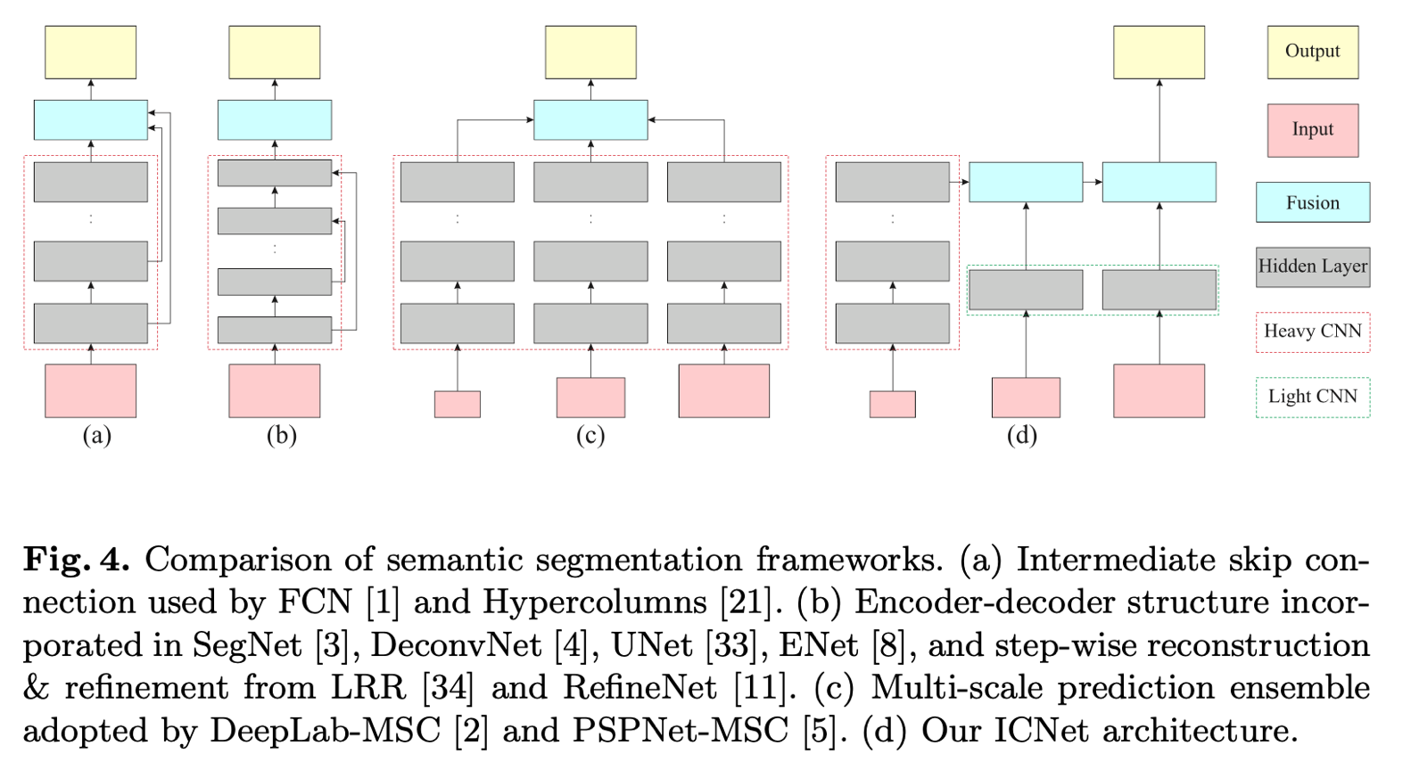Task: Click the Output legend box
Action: [1312, 52]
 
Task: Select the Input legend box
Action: [1312, 130]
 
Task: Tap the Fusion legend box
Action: [1312, 202]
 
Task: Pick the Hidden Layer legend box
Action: [1312, 266]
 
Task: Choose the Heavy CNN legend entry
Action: [1312, 332]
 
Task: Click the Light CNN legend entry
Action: [1312, 397]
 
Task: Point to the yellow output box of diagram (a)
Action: [90, 52]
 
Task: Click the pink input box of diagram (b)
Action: [274, 390]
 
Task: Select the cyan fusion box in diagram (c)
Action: [590, 119]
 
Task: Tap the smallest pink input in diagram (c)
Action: [457, 404]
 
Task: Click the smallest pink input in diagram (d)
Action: [892, 404]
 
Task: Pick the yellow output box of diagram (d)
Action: [1159, 52]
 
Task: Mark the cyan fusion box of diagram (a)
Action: [90, 119]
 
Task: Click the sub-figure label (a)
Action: [96, 435]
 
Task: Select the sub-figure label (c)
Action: [590, 435]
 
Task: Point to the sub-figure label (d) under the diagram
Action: [1021, 435]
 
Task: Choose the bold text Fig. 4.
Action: [76, 560]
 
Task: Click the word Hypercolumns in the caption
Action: [595, 602]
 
